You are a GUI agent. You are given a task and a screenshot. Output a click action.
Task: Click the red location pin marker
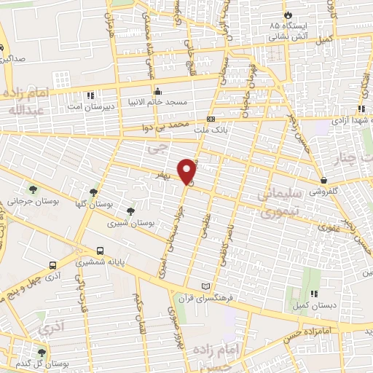pyautogui.click(x=187, y=170)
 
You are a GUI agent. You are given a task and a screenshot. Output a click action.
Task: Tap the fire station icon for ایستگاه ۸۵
pyautogui.click(x=288, y=15)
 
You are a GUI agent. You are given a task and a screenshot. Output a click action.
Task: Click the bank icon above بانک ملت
pyautogui.click(x=211, y=118)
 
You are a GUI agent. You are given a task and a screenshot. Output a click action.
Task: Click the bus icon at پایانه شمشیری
pyautogui.click(x=100, y=251)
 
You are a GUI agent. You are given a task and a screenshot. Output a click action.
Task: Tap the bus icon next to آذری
pyautogui.click(x=52, y=265)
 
